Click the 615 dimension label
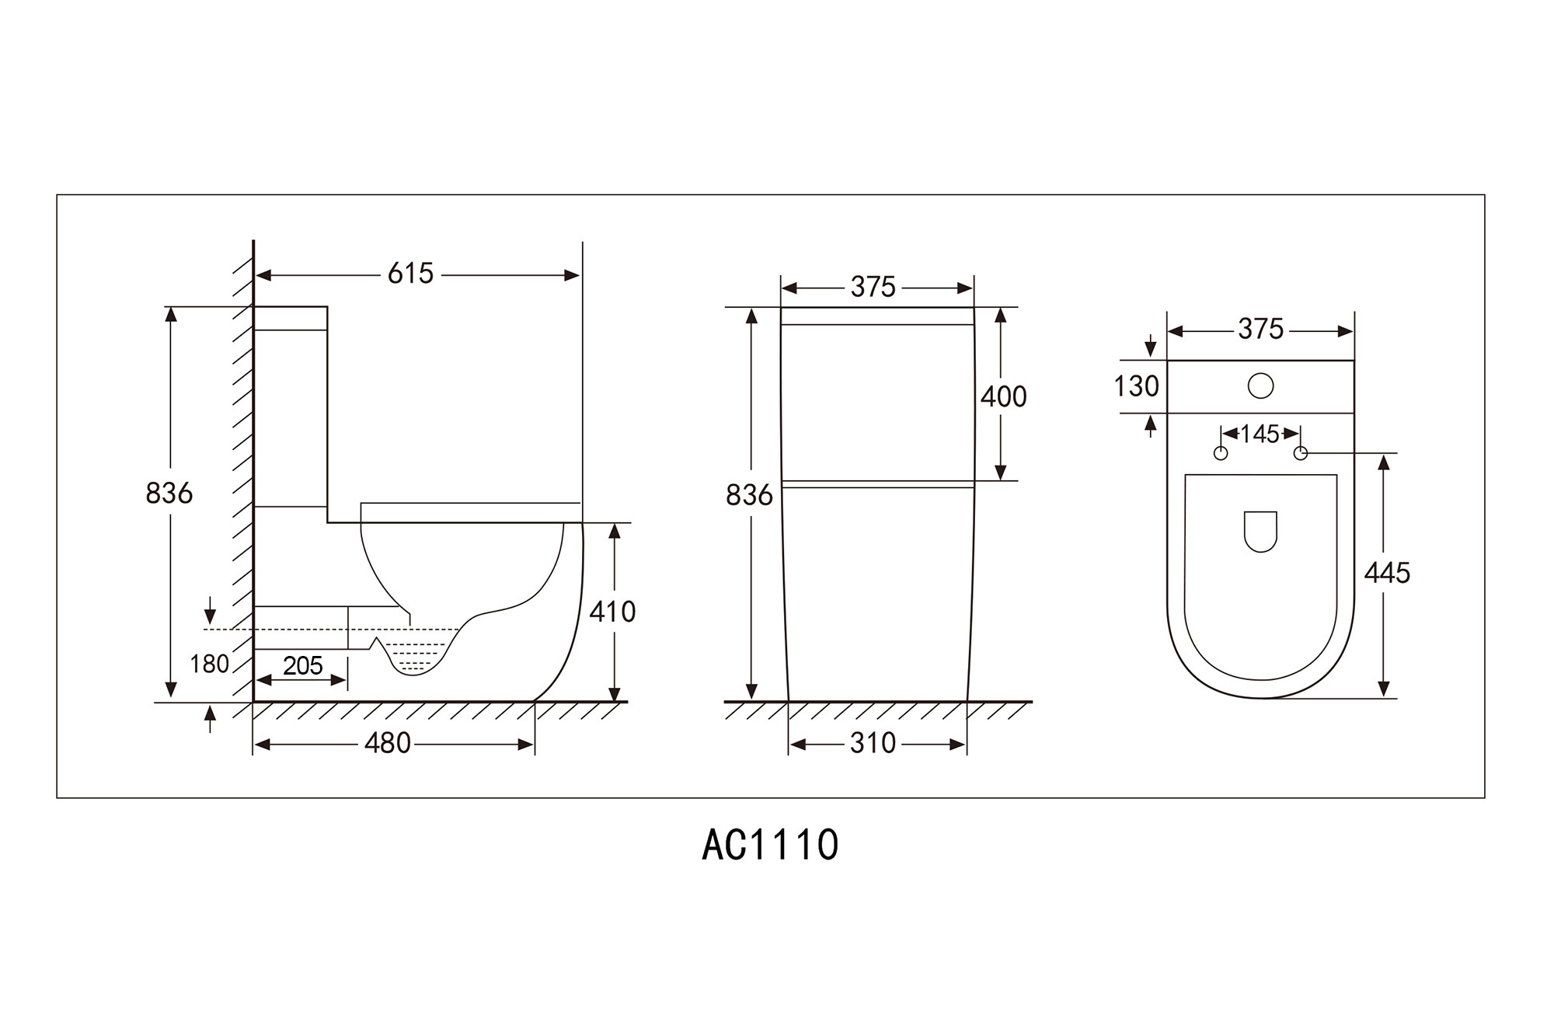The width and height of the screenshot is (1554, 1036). pos(410,274)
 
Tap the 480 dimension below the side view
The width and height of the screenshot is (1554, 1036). pos(387,744)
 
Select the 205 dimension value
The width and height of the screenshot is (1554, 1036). pos(302,666)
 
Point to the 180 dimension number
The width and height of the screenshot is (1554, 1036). pos(209,664)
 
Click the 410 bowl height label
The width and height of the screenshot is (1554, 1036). pos(612,612)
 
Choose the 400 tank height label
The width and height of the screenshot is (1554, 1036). pos(1003,397)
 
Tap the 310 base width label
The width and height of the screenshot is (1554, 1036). pos(873,744)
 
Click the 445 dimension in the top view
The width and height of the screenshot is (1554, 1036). pos(1387,574)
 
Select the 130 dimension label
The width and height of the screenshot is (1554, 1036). pos(1136,386)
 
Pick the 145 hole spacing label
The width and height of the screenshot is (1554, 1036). pos(1260,434)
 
